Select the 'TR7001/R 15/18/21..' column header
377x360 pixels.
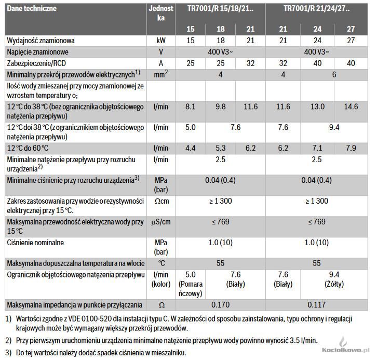(220, 9)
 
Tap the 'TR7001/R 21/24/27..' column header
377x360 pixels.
(317, 9)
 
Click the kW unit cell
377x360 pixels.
(161, 40)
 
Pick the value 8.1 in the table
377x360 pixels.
(190, 106)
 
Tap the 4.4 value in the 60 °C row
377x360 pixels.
(190, 149)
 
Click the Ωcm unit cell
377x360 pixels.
(161, 201)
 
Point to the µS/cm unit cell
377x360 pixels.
(161, 222)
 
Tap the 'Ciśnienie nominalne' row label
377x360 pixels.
(34, 243)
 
